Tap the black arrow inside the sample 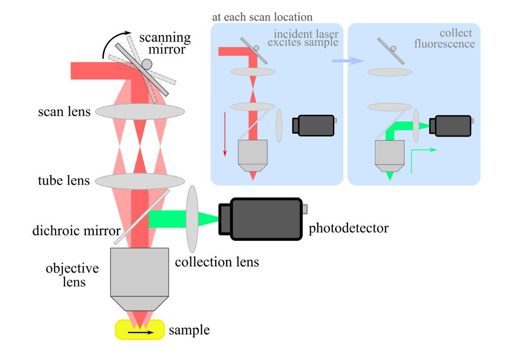pyautogui.click(x=140, y=332)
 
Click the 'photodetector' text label pyautogui.click(x=348, y=229)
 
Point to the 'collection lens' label pyautogui.click(x=217, y=262)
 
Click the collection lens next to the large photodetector pyautogui.click(x=192, y=219)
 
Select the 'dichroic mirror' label pyautogui.click(x=76, y=231)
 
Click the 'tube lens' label pyautogui.click(x=64, y=180)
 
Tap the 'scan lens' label pyautogui.click(x=64, y=112)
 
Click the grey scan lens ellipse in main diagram pyautogui.click(x=140, y=111)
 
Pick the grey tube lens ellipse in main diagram pyautogui.click(x=140, y=181)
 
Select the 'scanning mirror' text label pyautogui.click(x=165, y=43)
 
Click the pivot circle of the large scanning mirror pyautogui.click(x=147, y=63)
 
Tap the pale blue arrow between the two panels pyautogui.click(x=348, y=61)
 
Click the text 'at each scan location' pyautogui.click(x=262, y=17)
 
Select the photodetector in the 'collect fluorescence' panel pyautogui.click(x=452, y=126)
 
